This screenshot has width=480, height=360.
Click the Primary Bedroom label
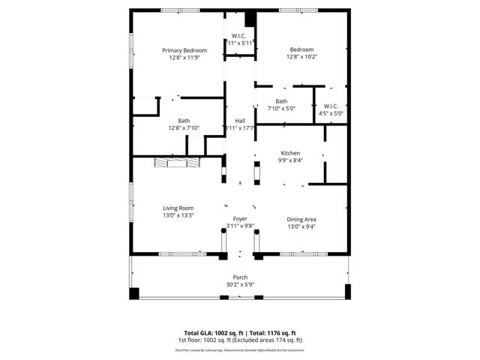184,50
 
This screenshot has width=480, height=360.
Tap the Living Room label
178,208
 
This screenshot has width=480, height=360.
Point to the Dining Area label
301,219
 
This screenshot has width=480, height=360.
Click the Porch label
240,277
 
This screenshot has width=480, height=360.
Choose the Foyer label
240,218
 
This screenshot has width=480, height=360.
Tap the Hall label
240,121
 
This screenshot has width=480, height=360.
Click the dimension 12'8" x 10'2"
301,58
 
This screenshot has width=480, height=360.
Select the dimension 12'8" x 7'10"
184,128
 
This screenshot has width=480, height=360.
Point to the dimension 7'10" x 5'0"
281,109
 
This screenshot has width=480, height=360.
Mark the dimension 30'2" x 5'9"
240,284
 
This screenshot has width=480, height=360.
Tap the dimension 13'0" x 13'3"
178,215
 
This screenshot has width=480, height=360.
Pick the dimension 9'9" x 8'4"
290,159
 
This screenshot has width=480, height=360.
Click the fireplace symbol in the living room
171,163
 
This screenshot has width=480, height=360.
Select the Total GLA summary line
240,332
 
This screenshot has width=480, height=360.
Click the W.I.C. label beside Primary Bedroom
239,36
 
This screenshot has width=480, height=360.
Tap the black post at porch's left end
134,292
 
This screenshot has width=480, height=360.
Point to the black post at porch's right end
347,291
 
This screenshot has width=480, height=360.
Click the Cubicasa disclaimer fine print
240,349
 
